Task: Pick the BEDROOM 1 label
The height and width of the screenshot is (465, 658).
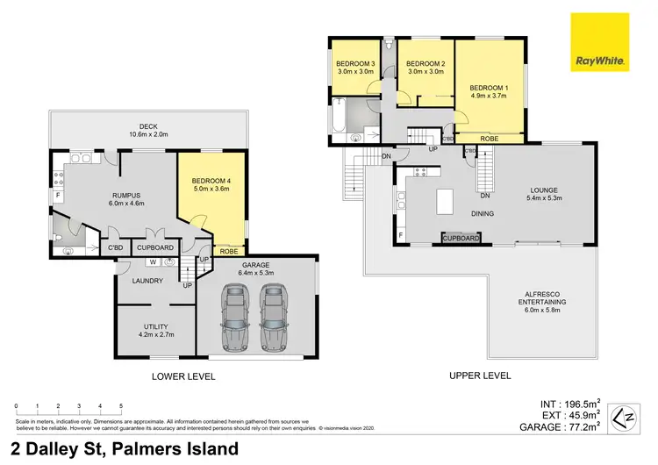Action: click(489, 88)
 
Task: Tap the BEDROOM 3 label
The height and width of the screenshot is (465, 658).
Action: click(355, 64)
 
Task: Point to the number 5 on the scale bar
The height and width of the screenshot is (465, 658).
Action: click(121, 406)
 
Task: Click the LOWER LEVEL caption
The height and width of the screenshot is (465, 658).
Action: click(182, 376)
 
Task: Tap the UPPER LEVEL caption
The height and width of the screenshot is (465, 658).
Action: click(480, 376)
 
